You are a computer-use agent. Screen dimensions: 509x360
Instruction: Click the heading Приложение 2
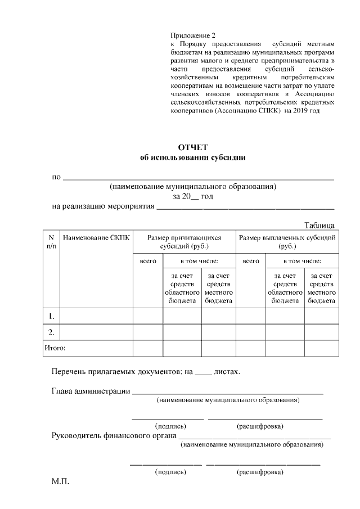click(192, 35)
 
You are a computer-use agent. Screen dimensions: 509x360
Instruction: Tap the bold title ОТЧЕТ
click(193, 147)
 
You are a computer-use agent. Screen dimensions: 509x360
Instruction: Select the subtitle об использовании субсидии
click(193, 158)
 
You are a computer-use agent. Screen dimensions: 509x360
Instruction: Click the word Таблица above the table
click(319, 225)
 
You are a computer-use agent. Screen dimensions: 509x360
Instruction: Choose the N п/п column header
click(51, 242)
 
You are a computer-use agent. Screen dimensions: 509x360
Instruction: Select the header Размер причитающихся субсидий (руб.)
click(184, 242)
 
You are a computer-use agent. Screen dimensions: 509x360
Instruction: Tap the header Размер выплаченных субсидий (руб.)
click(287, 242)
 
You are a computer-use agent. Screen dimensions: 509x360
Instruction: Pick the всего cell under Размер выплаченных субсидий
click(251, 261)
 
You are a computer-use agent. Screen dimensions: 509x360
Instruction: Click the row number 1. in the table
click(51, 316)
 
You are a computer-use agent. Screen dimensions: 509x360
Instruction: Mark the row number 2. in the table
click(51, 332)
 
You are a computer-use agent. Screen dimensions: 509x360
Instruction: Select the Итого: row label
click(55, 348)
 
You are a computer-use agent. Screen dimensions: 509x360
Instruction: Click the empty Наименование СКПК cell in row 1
click(96, 316)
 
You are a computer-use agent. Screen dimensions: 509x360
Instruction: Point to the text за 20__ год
click(193, 196)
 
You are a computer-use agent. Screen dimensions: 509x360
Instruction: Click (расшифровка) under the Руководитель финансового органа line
click(260, 472)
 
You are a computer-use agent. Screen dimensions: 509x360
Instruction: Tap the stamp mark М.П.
click(60, 483)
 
